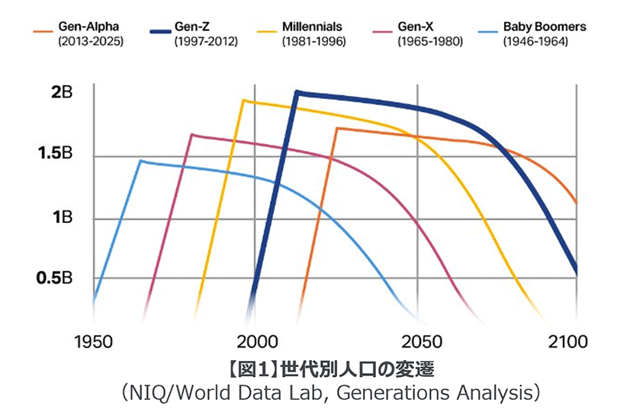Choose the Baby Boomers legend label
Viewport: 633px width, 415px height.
point(545,27)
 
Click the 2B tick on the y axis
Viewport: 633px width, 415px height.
point(62,94)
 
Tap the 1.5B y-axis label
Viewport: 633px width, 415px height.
point(55,155)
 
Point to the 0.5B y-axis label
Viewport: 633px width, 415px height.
point(55,278)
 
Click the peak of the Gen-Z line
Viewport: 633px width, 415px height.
point(297,93)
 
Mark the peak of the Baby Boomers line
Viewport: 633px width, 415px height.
point(140,161)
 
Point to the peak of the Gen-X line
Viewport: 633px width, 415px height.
point(191,135)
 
